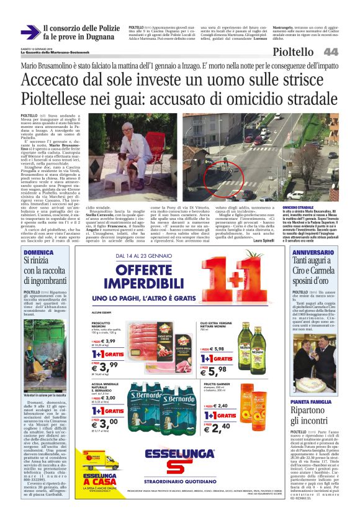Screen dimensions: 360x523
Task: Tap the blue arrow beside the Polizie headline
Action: pos(29,32)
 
